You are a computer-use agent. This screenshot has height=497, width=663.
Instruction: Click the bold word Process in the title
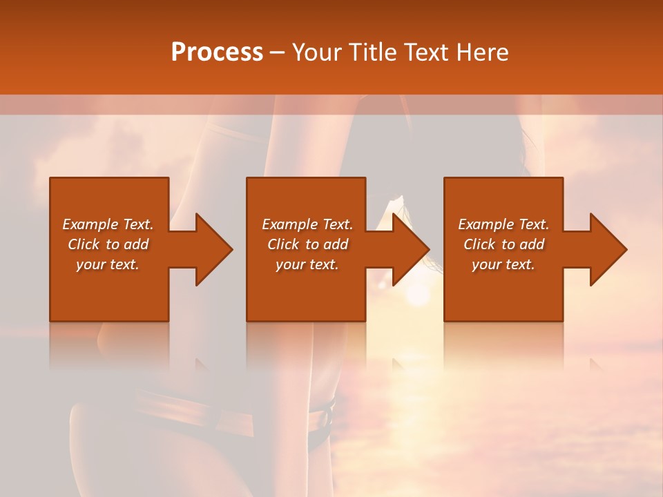[x=217, y=52]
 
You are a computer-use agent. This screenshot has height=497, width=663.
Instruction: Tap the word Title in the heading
[x=374, y=52]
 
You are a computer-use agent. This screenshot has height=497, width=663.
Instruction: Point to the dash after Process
[x=278, y=52]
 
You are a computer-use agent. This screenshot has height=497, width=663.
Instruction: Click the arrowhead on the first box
[x=213, y=249]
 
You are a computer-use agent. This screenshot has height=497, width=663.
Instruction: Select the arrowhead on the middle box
[x=410, y=249]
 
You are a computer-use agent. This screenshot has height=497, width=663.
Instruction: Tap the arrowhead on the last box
[x=608, y=249]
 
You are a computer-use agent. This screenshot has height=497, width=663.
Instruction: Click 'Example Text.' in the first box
[x=108, y=224]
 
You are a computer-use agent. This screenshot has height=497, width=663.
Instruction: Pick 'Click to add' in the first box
[x=108, y=244]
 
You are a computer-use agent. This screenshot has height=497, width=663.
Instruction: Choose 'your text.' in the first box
[x=108, y=264]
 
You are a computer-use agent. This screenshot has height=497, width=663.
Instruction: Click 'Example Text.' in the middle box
[x=307, y=224]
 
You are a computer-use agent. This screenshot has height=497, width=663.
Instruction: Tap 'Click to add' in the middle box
[x=307, y=244]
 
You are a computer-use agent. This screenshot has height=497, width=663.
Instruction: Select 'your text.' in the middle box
[x=307, y=264]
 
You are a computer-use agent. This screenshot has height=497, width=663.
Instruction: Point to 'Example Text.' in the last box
[x=503, y=224]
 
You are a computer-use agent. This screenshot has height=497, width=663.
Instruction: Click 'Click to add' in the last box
[x=503, y=244]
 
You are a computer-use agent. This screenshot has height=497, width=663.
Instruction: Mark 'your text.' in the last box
[x=503, y=264]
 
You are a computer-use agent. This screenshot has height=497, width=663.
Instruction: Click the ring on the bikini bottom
[x=323, y=417]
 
